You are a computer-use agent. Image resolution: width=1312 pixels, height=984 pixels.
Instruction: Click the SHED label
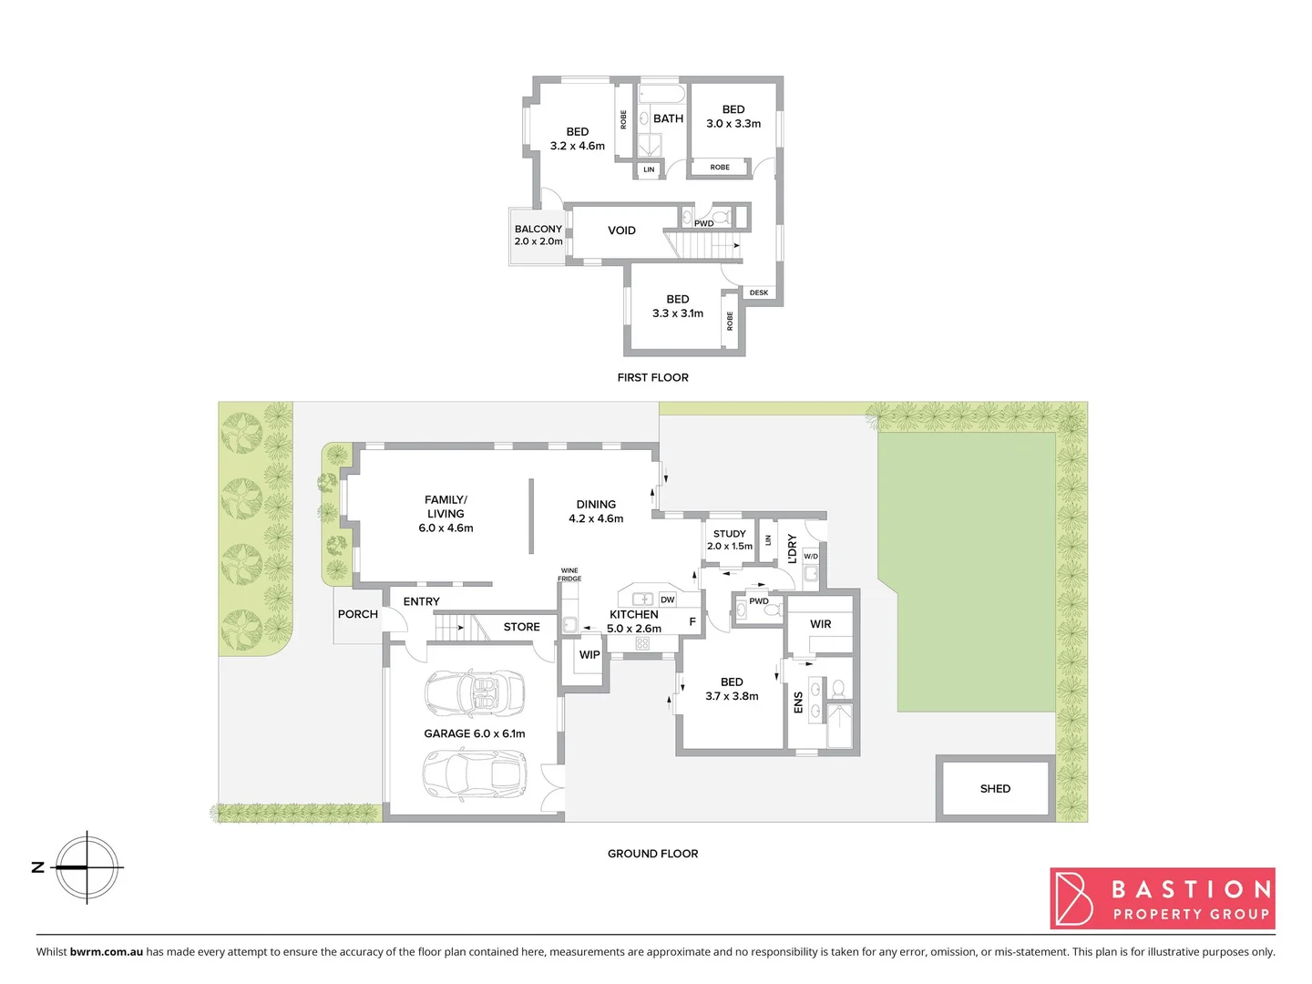(995, 789)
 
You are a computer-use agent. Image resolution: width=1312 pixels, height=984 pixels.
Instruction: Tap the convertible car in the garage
(474, 692)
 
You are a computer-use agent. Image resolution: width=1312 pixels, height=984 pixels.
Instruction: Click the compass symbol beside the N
(87, 867)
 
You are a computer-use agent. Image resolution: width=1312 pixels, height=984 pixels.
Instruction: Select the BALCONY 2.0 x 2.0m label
(538, 235)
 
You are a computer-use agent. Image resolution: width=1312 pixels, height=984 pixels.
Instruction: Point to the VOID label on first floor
(621, 231)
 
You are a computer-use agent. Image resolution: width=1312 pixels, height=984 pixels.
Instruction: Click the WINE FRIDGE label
(569, 575)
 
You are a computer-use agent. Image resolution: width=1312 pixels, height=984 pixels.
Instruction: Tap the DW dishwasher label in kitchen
(668, 600)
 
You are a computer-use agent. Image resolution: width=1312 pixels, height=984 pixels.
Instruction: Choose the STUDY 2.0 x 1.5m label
(730, 540)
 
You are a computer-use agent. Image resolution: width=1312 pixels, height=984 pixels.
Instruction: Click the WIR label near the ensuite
(821, 624)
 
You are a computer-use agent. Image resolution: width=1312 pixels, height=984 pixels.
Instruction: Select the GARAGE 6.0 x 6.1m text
(475, 733)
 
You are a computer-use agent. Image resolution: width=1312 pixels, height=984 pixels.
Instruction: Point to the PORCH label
(358, 614)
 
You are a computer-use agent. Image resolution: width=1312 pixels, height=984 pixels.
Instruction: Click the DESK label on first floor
(759, 292)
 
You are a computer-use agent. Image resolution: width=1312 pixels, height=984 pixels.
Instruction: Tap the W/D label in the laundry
(811, 556)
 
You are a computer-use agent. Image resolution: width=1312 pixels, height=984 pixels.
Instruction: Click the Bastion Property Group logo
(1163, 898)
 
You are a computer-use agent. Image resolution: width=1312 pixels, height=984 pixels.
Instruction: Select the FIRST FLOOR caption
(653, 377)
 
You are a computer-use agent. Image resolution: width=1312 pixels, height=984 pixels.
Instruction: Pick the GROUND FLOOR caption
(653, 854)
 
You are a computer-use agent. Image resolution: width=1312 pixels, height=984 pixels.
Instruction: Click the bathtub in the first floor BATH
(661, 94)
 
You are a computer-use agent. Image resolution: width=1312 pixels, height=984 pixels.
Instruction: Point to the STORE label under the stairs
(522, 627)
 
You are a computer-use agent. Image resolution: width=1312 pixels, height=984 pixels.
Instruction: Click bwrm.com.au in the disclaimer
(107, 952)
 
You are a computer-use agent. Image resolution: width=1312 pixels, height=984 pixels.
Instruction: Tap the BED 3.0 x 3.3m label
(733, 117)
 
